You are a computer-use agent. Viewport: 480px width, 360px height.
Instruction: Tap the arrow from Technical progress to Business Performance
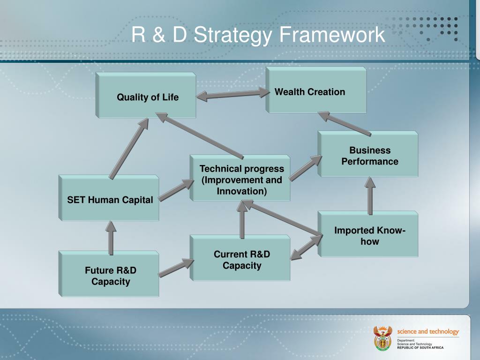click(x=306, y=168)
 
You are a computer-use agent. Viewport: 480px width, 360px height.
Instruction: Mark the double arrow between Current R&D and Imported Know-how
click(x=306, y=247)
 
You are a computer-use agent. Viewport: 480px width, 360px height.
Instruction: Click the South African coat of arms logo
click(x=382, y=338)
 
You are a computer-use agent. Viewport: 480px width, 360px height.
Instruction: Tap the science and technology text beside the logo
click(x=428, y=331)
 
